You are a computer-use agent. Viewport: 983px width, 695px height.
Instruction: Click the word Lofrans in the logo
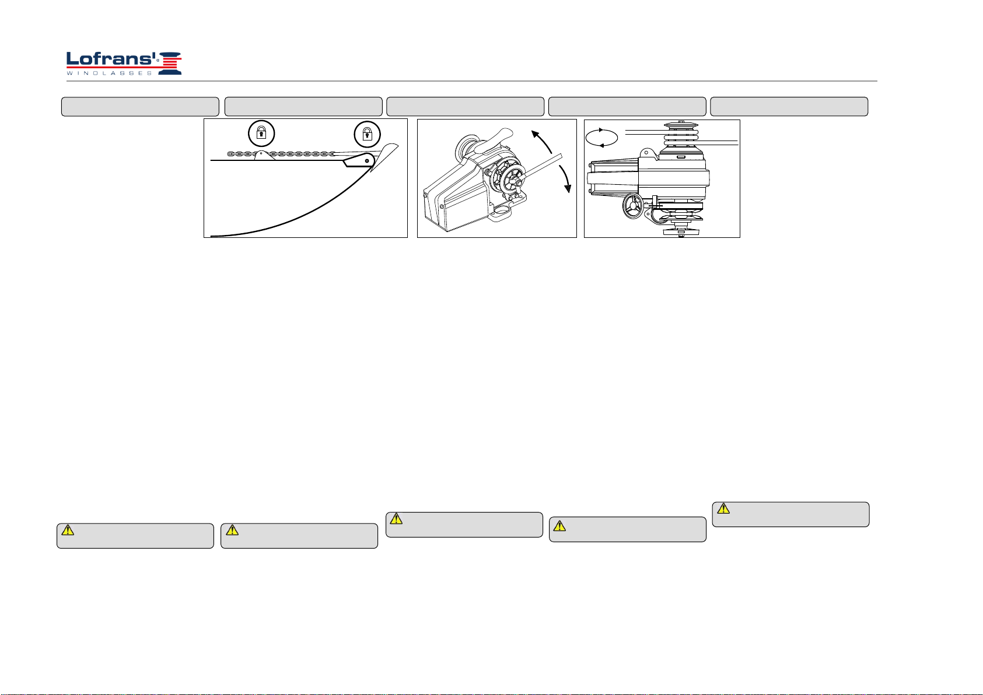pyautogui.click(x=111, y=59)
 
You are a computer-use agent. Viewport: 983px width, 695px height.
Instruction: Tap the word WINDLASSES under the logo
pyautogui.click(x=109, y=73)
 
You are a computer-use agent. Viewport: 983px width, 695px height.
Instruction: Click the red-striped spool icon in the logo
pyautogui.click(x=170, y=63)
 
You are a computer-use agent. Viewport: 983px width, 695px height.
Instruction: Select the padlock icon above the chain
pyautogui.click(x=261, y=134)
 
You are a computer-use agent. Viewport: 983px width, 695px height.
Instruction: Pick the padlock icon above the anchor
pyautogui.click(x=368, y=134)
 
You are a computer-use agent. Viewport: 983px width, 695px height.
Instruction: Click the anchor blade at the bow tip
pyautogui.click(x=384, y=156)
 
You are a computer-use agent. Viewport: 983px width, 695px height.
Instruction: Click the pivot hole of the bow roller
pyautogui.click(x=367, y=161)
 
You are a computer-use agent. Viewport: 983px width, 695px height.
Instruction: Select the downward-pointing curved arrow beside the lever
pyautogui.click(x=566, y=178)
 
